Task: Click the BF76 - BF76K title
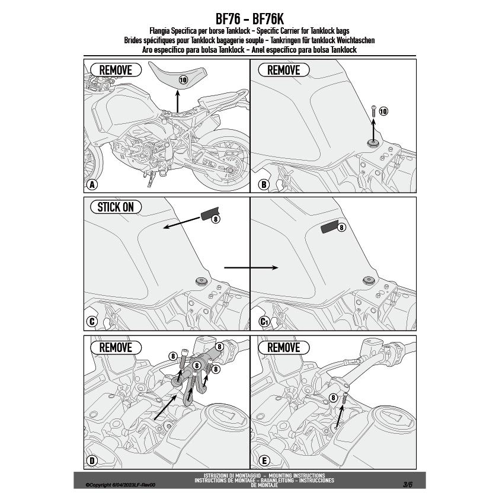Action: tap(249, 19)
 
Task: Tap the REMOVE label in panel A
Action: tap(116, 70)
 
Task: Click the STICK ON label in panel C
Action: tap(116, 207)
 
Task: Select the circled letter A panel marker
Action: tap(91, 184)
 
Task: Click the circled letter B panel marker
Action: tap(264, 184)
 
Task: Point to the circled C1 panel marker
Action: tap(264, 322)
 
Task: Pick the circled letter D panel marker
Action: tap(91, 460)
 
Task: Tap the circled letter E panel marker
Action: tap(264, 460)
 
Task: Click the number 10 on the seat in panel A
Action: tap(183, 79)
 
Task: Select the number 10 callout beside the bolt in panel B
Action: tap(383, 111)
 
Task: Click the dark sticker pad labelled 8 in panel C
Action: tap(209, 215)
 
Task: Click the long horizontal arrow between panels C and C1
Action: tap(251, 268)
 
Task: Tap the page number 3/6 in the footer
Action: tap(408, 484)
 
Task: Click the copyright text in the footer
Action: tap(120, 485)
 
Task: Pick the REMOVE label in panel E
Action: tap(284, 347)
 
